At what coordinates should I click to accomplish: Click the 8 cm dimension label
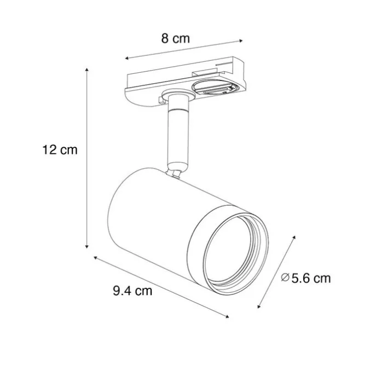point(176,38)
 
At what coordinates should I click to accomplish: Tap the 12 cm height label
point(60,150)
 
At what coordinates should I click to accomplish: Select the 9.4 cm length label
point(132,291)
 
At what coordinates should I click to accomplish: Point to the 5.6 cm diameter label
point(311,278)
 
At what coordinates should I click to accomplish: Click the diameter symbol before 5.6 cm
point(285,277)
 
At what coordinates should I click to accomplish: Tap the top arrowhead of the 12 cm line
point(87,70)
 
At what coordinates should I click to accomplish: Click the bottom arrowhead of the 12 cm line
point(87,246)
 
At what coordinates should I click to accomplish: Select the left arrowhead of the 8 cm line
point(127,58)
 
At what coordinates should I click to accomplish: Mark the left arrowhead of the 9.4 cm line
point(95,258)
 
